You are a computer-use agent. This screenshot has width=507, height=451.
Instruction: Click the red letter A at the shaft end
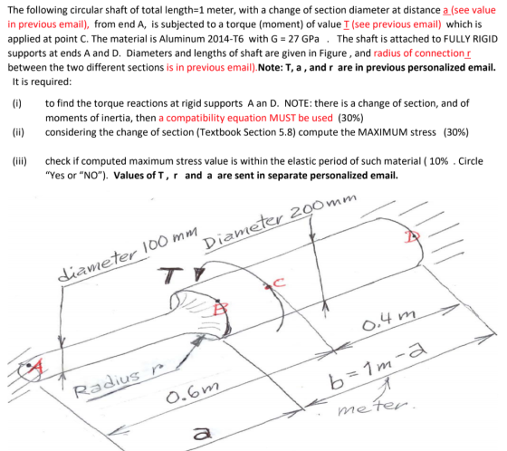(x=36, y=369)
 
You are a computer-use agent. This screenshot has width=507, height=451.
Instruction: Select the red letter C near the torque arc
(x=279, y=283)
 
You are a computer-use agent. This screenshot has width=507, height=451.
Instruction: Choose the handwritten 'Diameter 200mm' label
(x=280, y=222)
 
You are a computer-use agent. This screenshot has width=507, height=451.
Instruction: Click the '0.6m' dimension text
(x=192, y=391)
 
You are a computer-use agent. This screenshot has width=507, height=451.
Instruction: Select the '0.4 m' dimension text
(x=388, y=320)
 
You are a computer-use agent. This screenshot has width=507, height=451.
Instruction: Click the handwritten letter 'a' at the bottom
(x=203, y=434)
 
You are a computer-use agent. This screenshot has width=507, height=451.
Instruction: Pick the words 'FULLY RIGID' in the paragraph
(x=471, y=39)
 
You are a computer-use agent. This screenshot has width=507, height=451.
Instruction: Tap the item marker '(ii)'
(x=18, y=132)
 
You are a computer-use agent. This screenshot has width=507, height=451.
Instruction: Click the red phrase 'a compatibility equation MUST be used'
(x=245, y=118)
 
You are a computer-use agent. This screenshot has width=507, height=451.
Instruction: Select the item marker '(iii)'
(x=20, y=161)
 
